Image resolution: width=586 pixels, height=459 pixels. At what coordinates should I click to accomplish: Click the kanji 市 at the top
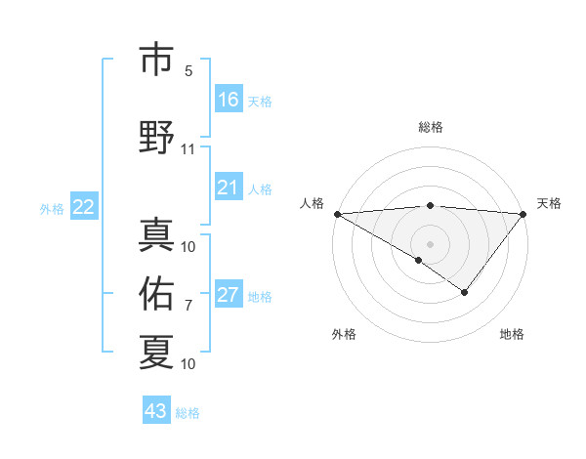[157, 60]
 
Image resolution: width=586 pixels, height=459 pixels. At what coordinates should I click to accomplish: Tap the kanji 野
[157, 136]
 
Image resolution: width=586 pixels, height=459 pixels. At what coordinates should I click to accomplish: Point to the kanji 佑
[157, 292]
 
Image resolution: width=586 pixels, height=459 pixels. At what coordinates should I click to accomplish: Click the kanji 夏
[157, 351]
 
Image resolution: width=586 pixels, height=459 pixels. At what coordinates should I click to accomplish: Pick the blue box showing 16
[229, 100]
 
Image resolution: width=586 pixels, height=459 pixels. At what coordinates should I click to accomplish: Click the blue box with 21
[229, 188]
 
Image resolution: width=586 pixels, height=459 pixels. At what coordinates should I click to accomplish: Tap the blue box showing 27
[229, 295]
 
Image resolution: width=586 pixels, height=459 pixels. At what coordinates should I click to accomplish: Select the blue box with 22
[84, 207]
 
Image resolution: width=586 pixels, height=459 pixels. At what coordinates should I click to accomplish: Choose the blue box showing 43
[156, 411]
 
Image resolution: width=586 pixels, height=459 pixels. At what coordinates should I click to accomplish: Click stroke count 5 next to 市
[188, 72]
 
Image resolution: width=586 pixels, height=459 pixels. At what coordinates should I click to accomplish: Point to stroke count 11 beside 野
[188, 149]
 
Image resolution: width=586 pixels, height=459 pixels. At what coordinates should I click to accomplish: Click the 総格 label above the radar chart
[431, 127]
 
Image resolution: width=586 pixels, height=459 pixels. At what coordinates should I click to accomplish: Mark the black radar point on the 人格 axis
[336, 213]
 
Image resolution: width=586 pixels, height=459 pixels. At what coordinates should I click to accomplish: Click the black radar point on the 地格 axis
[465, 292]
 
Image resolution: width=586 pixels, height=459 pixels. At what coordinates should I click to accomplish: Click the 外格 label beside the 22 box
[52, 208]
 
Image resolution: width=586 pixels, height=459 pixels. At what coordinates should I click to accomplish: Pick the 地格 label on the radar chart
[512, 335]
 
